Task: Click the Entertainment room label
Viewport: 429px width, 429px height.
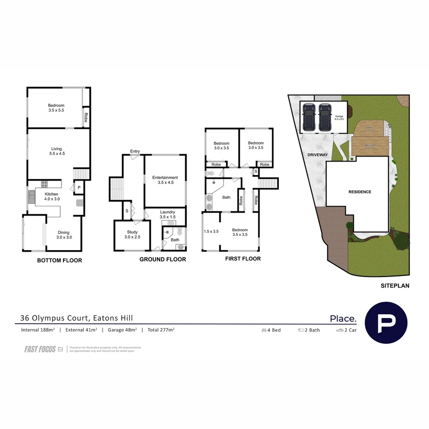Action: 165,180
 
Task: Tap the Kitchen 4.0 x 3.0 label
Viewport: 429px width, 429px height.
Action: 52,197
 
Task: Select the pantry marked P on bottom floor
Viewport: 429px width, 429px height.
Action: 79,187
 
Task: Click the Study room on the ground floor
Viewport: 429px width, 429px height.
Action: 132,235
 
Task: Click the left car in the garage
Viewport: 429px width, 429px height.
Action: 308,117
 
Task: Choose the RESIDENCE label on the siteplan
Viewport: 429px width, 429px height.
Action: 360,192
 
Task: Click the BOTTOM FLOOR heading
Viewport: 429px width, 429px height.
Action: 60,261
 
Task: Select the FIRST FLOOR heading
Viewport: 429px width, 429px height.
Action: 243,259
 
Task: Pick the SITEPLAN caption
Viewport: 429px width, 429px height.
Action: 395,285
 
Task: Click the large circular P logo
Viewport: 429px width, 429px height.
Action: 386,323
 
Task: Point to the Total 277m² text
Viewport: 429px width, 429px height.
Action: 161,330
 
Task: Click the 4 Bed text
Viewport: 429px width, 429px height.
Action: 271,330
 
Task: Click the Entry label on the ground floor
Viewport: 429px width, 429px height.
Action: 135,151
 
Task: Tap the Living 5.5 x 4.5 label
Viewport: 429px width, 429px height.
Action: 56,151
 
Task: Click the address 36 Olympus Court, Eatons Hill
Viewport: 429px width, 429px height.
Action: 77,318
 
